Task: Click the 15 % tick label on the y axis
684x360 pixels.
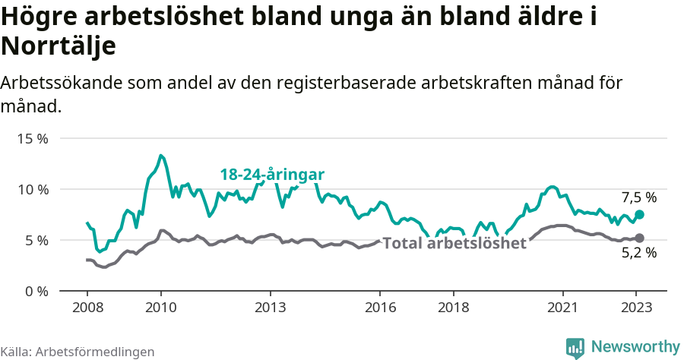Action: (32, 139)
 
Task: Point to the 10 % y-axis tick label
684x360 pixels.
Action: (32, 189)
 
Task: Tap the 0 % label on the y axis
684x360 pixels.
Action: (36, 291)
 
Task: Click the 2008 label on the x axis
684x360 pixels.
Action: (87, 308)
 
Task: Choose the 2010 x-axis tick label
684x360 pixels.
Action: (160, 308)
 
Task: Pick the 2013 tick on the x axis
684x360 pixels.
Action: (271, 308)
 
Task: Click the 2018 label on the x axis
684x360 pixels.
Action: (454, 308)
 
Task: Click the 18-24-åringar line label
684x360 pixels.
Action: (272, 175)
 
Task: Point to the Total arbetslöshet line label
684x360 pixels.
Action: (454, 244)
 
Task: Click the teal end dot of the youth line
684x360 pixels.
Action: (639, 215)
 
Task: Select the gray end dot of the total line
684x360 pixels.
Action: (639, 238)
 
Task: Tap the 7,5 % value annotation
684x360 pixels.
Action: (639, 198)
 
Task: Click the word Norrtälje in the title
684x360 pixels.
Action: (59, 46)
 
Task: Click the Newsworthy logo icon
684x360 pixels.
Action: (575, 347)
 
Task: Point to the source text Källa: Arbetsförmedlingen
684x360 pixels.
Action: (78, 352)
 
